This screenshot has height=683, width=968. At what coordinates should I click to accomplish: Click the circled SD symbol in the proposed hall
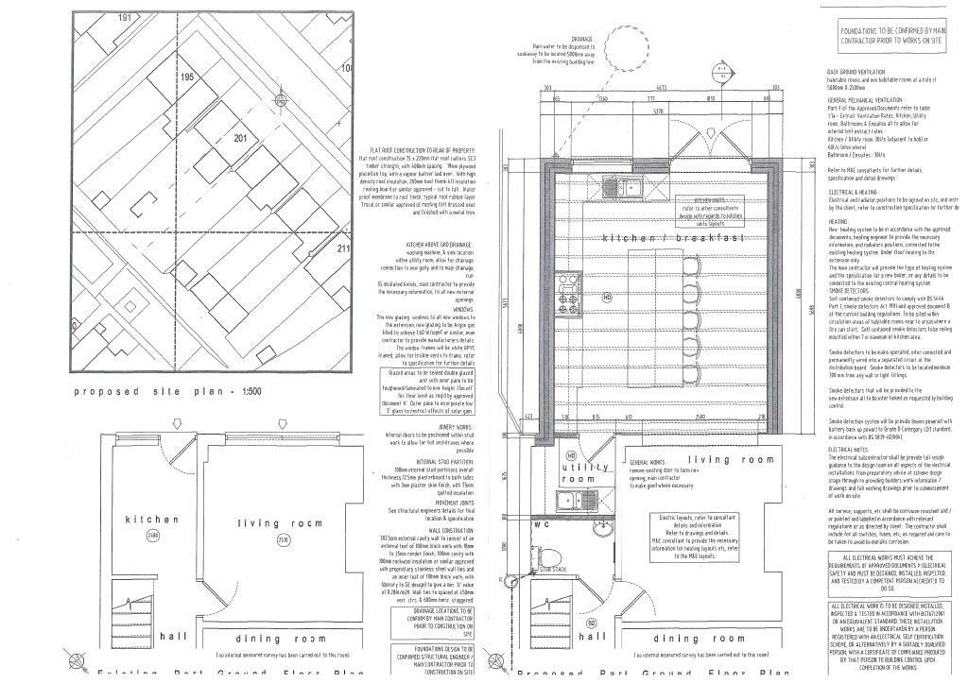564,624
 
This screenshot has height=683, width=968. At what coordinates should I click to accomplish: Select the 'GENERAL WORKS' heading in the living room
648,462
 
